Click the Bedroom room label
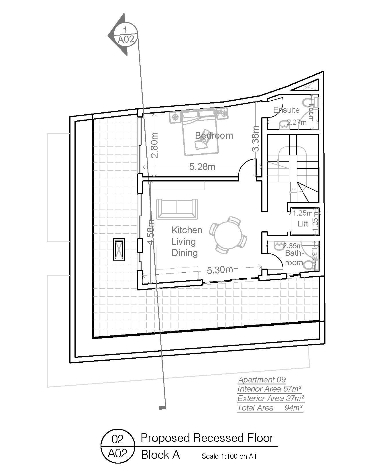coord(214,135)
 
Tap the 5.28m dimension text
coord(202,167)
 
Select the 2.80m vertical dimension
coord(154,145)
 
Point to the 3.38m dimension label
coord(256,138)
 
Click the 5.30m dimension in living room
coord(220,270)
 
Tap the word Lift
coord(303,223)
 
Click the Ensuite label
coord(286,110)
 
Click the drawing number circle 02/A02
coord(117,446)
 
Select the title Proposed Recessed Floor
coord(207,438)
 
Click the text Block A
coord(160,455)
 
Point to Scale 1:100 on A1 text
coord(229,456)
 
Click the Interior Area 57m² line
coord(269,389)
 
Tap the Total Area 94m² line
coord(270,408)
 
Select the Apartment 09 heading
coord(262,380)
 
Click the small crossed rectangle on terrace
coord(119,249)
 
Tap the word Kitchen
coord(187,230)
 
